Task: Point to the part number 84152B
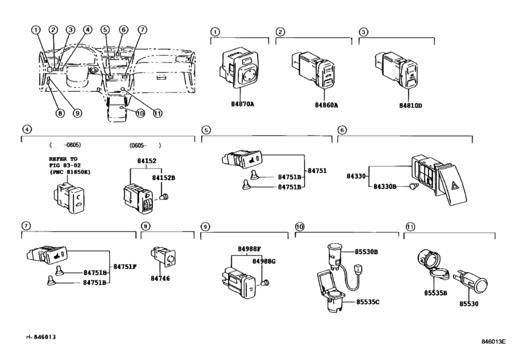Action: (x=163, y=177)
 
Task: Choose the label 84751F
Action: (x=125, y=265)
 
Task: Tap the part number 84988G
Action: (x=264, y=262)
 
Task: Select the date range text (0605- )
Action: (x=145, y=145)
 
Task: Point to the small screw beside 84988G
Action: (x=267, y=282)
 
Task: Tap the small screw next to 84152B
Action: (x=166, y=197)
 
